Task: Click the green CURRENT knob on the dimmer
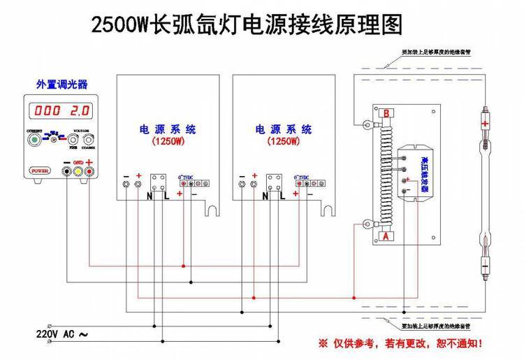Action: click(33, 140)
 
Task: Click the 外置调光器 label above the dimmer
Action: click(61, 85)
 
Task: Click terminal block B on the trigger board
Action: click(386, 112)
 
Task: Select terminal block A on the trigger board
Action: click(386, 236)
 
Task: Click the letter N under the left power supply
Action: click(150, 198)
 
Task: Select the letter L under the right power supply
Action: click(283, 198)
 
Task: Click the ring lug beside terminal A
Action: click(365, 224)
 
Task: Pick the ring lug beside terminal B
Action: click(365, 125)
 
